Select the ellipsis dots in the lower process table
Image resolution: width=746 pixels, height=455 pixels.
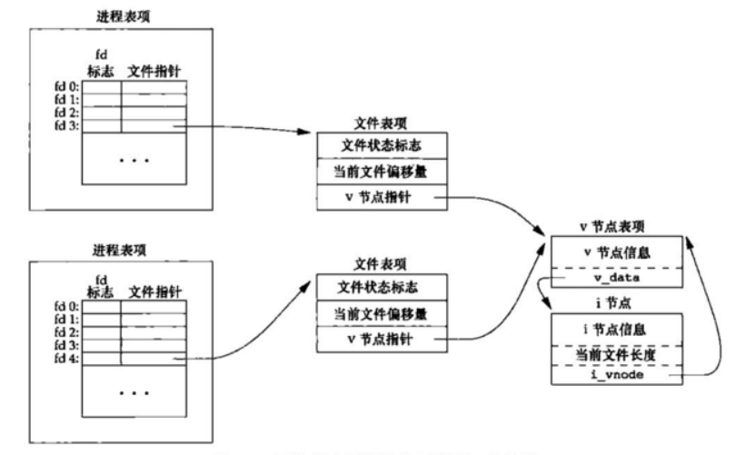[x=134, y=393]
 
